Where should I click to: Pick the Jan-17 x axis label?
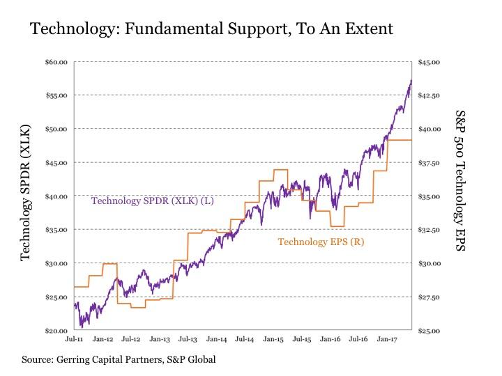(x=388, y=340)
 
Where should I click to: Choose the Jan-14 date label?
(x=217, y=340)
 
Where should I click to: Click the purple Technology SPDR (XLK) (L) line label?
(x=153, y=201)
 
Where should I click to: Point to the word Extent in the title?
(x=369, y=29)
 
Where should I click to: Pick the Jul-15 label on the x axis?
(x=302, y=340)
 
